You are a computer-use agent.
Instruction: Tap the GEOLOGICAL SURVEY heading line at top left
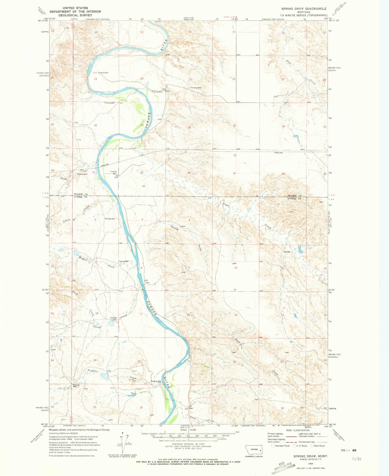pos(75,15)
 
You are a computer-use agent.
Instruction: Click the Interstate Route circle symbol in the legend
pos(273,446)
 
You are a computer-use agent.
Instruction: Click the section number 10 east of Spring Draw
pos(236,268)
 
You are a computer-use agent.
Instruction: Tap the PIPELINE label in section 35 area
pos(279,153)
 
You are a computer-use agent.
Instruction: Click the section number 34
pos(234,173)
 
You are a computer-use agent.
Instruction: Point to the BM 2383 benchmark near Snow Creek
pos(191,407)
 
